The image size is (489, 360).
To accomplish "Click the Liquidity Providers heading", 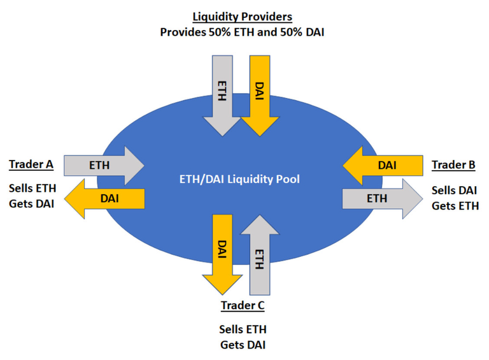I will pyautogui.click(x=242, y=17).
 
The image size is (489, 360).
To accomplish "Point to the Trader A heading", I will pyautogui.click(x=31, y=164).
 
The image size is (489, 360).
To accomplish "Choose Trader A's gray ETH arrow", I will pyautogui.click(x=102, y=165).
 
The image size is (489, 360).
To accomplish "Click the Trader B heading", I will pyautogui.click(x=453, y=165).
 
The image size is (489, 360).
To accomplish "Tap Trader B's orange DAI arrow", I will pyautogui.click(x=385, y=165).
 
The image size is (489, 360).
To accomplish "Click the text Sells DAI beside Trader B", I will pyautogui.click(x=455, y=191).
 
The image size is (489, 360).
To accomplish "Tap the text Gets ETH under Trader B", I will pyautogui.click(x=455, y=205).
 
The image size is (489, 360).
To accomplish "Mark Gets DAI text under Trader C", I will pyautogui.click(x=242, y=345).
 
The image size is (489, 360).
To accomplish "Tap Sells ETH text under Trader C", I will pyautogui.click(x=242, y=329).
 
